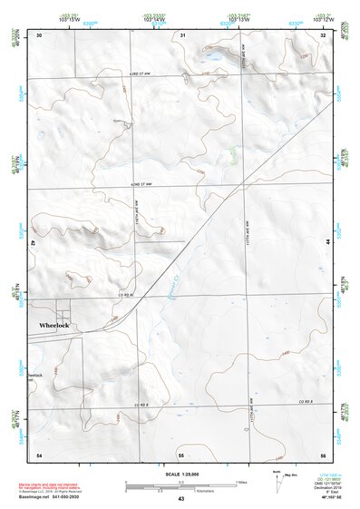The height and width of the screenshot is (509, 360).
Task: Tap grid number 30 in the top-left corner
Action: point(39,34)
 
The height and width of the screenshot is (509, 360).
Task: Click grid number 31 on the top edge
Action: point(182,34)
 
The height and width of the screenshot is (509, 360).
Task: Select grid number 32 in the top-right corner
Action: point(324,34)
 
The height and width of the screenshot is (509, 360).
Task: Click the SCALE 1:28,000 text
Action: point(180,473)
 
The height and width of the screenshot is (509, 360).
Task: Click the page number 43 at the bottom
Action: point(181,500)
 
